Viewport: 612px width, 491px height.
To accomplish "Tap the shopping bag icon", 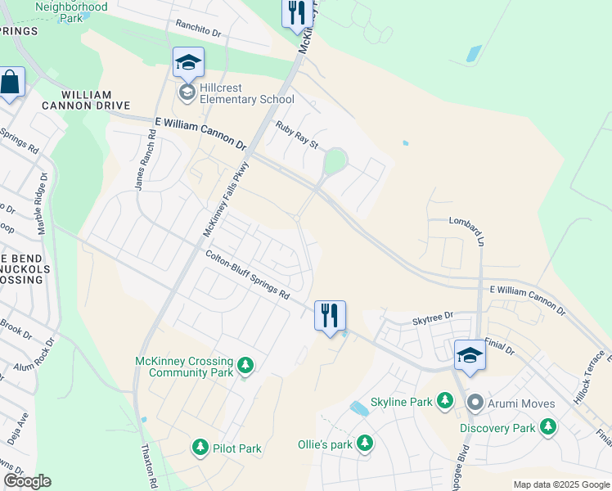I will (10, 83).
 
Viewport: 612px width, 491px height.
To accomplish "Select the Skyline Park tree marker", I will (445, 401).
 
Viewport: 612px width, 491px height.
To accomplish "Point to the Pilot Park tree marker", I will (200, 448).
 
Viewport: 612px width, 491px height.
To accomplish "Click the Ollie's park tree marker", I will (365, 444).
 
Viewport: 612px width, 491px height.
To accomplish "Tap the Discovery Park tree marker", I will (548, 427).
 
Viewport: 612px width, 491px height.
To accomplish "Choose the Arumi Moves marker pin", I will (475, 403).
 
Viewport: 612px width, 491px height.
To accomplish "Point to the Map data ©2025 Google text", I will (560, 484).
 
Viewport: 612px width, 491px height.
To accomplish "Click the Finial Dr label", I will (498, 349).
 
